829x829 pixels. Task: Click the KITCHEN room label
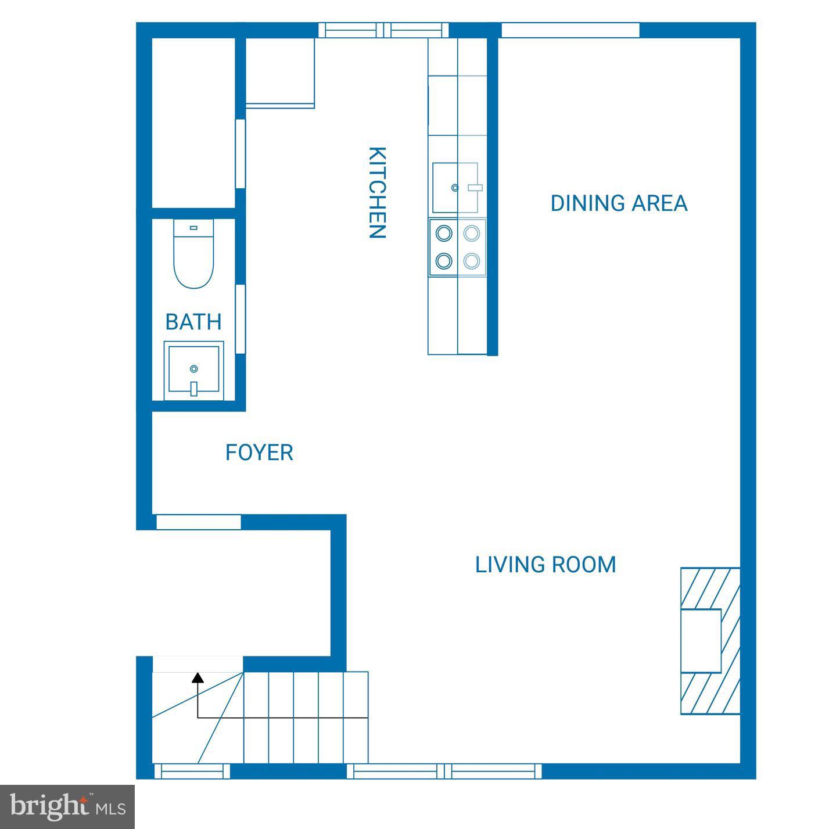click(377, 192)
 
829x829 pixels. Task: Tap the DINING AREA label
click(619, 203)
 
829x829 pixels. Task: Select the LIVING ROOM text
click(546, 565)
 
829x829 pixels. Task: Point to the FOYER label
click(259, 453)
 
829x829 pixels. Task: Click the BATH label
click(193, 322)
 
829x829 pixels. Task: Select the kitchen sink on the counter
click(455, 187)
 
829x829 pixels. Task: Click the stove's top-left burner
click(444, 234)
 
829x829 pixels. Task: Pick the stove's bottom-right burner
click(471, 261)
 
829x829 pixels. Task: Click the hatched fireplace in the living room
click(710, 641)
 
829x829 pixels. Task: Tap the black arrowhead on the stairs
click(198, 677)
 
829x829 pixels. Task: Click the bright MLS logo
click(67, 807)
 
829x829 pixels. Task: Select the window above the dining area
click(570, 30)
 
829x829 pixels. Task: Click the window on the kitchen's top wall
click(384, 30)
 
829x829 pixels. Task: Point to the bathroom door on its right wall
click(239, 319)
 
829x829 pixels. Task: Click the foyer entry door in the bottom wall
click(199, 522)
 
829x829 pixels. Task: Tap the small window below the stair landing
click(192, 771)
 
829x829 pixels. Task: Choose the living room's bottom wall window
click(445, 771)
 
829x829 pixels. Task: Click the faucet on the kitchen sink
click(475, 188)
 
